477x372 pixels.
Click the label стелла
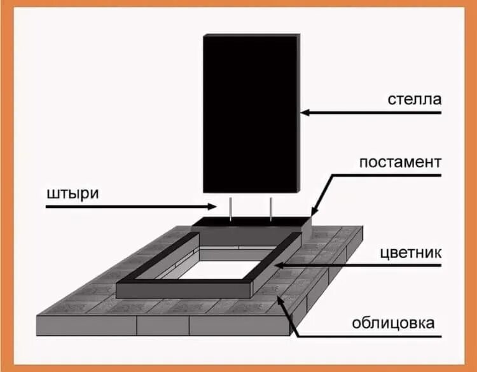click(414, 100)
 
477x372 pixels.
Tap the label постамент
click(400, 162)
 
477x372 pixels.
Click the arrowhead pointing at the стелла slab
click(305, 113)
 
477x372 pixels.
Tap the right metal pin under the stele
click(271, 209)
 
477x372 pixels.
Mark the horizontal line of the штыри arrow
click(127, 207)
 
